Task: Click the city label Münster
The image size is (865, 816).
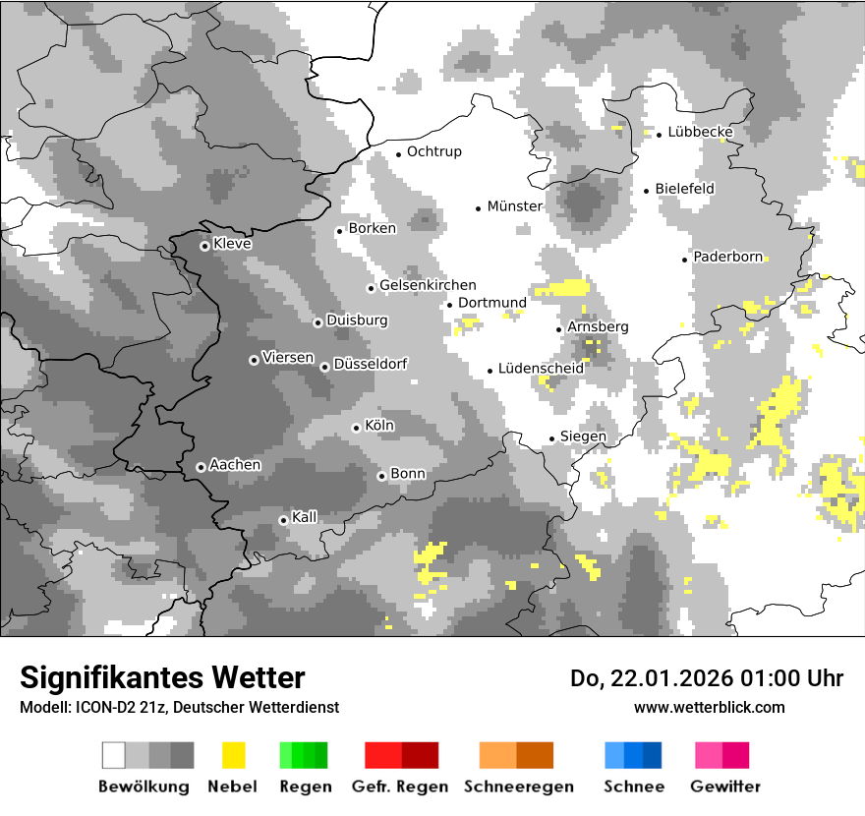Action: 515,206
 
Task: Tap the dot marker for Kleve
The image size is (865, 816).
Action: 204,246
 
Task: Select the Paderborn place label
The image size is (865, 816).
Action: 728,258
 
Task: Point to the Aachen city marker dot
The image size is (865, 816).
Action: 201,467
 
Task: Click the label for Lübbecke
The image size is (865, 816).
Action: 701,132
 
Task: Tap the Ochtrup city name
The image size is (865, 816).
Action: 434,152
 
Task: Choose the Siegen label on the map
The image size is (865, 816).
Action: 583,437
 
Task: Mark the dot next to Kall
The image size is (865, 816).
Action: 283,520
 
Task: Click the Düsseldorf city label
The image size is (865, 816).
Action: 371,364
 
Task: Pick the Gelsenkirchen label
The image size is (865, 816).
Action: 428,285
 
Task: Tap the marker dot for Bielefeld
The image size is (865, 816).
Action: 646,191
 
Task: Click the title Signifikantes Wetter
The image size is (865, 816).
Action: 162,678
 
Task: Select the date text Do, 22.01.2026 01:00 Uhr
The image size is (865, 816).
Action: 707,678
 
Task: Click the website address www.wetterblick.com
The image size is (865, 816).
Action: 710,707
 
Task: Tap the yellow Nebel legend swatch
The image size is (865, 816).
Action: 233,755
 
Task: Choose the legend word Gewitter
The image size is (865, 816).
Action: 725,787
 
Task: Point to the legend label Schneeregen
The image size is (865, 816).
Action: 519,787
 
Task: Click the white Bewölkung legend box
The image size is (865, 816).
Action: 114,755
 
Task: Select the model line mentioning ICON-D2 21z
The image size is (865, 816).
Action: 179,708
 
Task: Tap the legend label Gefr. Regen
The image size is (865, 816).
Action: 400,787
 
